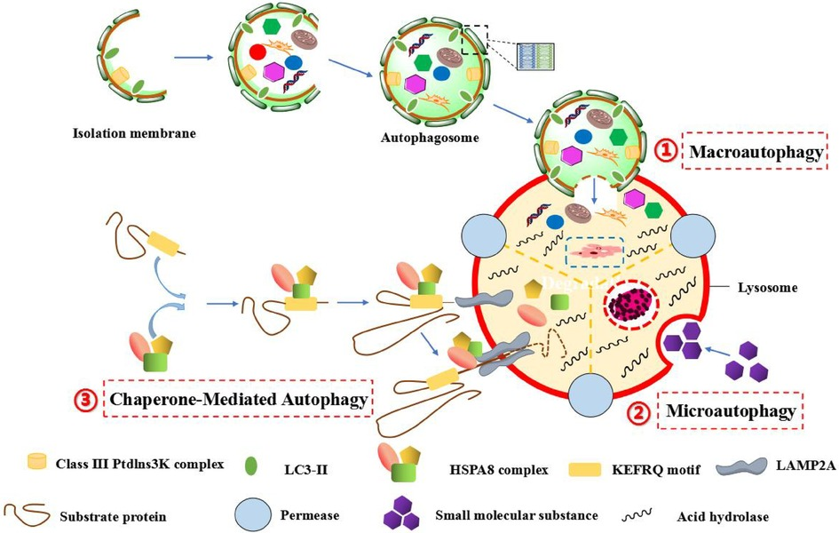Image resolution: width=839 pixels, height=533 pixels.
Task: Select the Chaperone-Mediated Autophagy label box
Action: (x=238, y=401)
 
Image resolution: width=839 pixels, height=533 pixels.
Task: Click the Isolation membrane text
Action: (x=132, y=134)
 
